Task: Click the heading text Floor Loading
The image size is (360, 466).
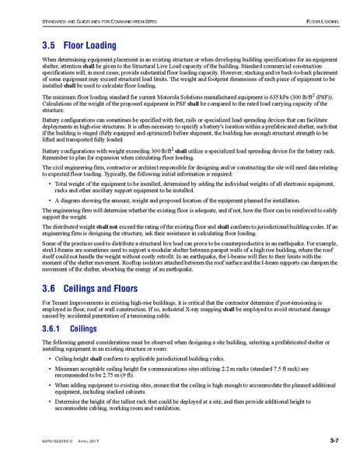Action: click(89, 46)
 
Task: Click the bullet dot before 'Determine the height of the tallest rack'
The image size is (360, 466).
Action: click(48, 412)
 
